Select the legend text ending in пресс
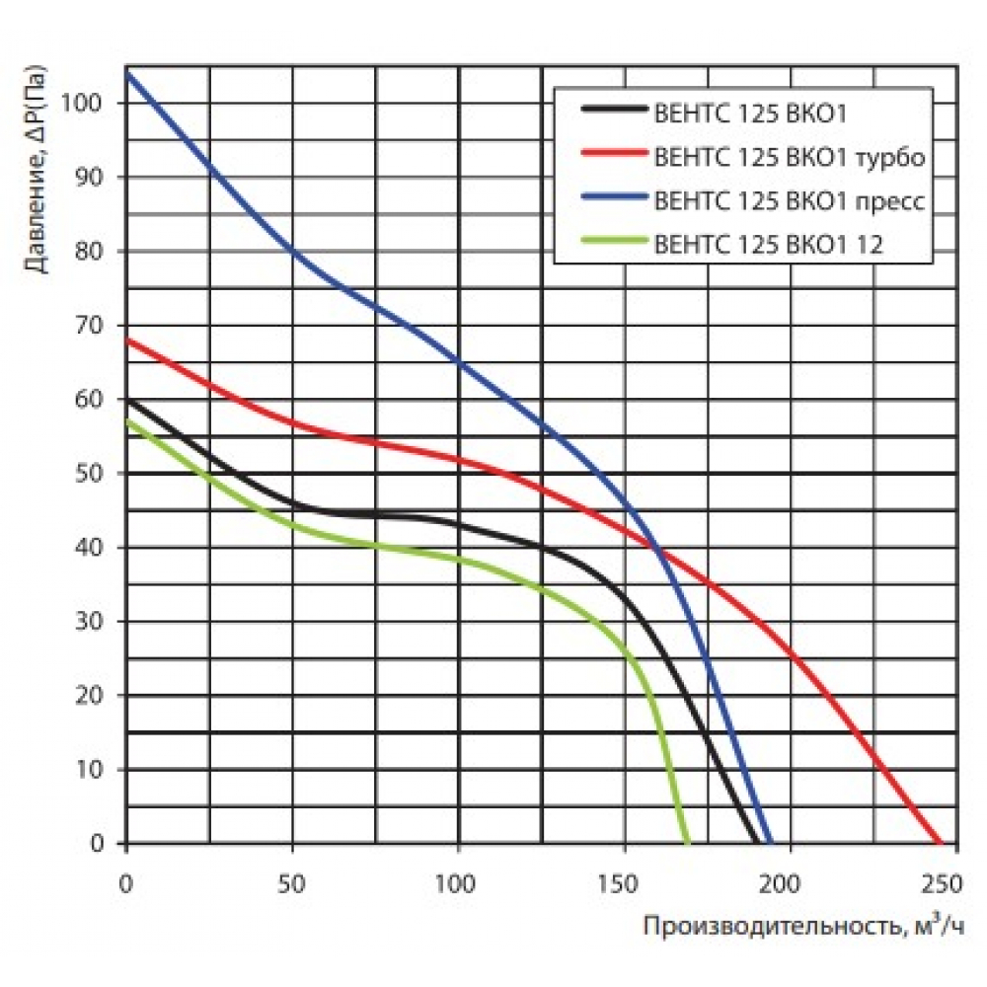click(789, 201)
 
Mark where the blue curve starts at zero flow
click(126, 73)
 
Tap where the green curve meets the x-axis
click(688, 843)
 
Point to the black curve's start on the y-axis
click(126, 399)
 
